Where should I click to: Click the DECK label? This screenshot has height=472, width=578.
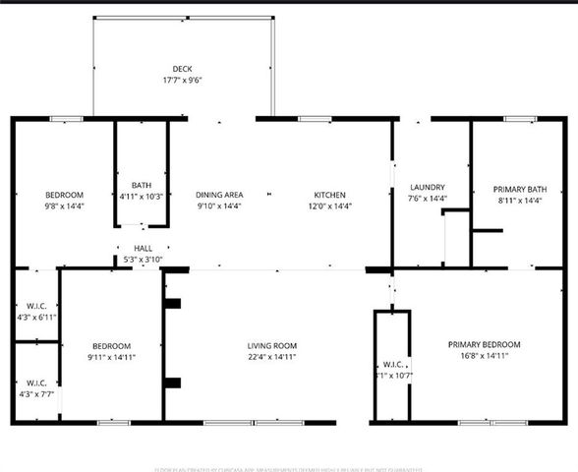click(x=182, y=69)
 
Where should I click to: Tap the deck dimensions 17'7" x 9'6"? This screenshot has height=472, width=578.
click(x=182, y=81)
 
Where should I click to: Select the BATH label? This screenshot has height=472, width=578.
click(x=143, y=186)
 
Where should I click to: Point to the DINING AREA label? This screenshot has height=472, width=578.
click(x=219, y=195)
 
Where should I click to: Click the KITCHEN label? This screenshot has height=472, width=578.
click(x=330, y=195)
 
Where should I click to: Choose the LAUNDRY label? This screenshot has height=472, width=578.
click(x=428, y=187)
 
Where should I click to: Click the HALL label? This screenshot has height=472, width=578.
click(x=144, y=249)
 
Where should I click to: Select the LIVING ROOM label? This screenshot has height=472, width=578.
click(x=272, y=346)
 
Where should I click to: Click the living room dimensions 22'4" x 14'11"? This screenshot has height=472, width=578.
click(x=272, y=358)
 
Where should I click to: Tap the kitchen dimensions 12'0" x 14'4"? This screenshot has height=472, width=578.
click(x=330, y=206)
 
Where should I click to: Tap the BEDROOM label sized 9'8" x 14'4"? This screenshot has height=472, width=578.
click(x=64, y=195)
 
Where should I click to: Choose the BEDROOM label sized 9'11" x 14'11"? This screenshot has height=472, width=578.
click(x=112, y=346)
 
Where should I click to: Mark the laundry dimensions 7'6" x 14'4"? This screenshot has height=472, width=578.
click(x=428, y=199)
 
